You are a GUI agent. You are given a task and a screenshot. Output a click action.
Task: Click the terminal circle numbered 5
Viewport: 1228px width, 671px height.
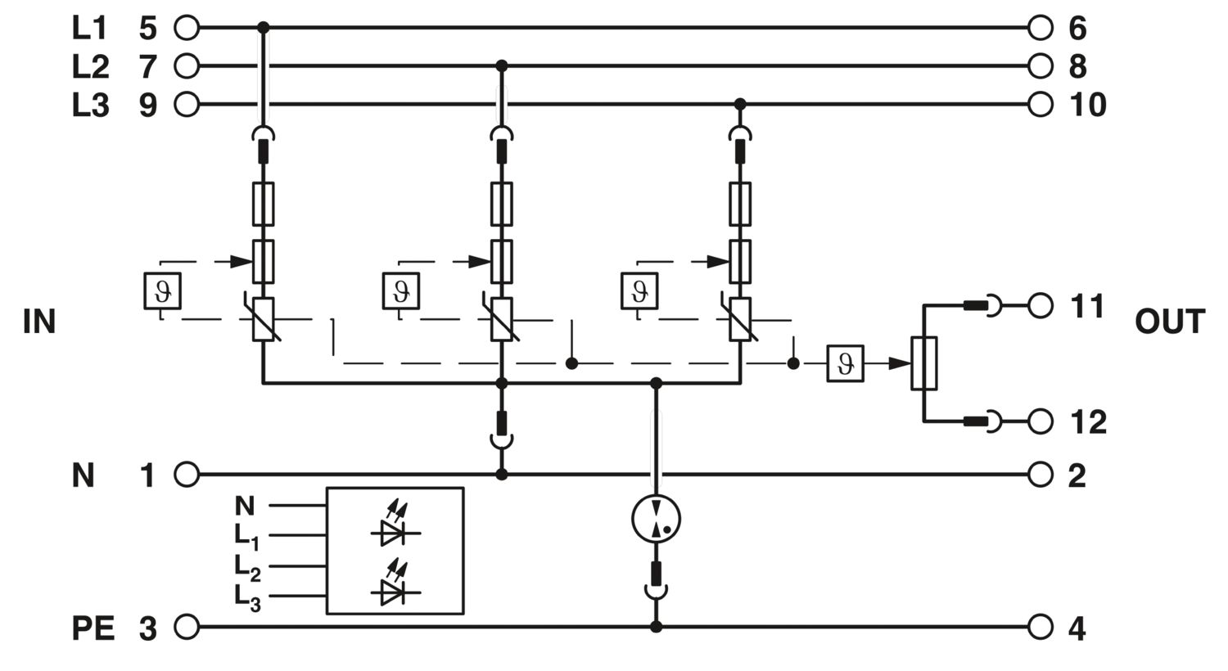point(187,27)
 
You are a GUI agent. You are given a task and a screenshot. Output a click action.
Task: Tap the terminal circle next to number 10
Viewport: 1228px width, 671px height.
point(1040,104)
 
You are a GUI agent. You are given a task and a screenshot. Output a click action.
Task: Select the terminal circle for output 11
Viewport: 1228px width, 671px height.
point(1040,306)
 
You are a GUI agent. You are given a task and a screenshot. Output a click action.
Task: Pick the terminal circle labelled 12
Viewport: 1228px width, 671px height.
point(1040,421)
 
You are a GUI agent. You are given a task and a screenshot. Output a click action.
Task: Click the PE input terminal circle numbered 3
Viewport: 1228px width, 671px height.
point(187,627)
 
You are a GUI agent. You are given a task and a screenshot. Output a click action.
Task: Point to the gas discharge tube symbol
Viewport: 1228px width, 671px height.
point(656,518)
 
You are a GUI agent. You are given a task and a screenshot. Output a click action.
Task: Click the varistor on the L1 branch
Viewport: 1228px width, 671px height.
point(263,319)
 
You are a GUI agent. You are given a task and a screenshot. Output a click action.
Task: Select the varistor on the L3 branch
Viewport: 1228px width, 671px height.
point(740,319)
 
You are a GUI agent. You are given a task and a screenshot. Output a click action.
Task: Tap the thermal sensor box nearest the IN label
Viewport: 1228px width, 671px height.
point(162,290)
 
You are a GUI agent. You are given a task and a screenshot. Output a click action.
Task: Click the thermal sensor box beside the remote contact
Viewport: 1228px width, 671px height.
point(846,363)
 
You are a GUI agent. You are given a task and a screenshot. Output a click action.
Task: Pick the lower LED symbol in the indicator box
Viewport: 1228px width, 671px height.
point(395,585)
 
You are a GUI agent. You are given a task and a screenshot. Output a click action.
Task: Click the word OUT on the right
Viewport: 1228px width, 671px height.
point(1170,322)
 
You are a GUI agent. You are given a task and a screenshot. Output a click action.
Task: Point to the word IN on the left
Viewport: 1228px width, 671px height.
point(39,322)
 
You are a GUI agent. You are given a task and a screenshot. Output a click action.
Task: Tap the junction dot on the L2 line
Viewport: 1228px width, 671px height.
point(501,66)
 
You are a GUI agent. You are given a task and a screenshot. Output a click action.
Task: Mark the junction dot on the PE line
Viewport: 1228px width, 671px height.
point(656,627)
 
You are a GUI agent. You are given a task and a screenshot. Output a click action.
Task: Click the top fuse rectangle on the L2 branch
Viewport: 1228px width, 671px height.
point(501,205)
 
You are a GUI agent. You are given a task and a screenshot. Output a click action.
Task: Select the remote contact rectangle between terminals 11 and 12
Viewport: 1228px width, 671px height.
point(923,363)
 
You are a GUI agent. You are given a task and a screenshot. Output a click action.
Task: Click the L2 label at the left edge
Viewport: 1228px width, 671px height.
point(90,67)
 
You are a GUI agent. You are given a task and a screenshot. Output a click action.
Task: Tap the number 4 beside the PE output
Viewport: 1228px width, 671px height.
point(1077,628)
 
